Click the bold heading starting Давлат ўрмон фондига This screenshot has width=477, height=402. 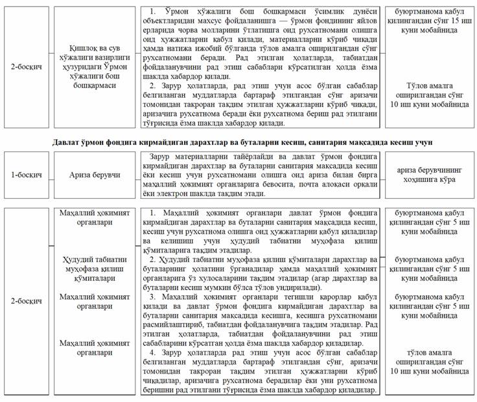point(238,141)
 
